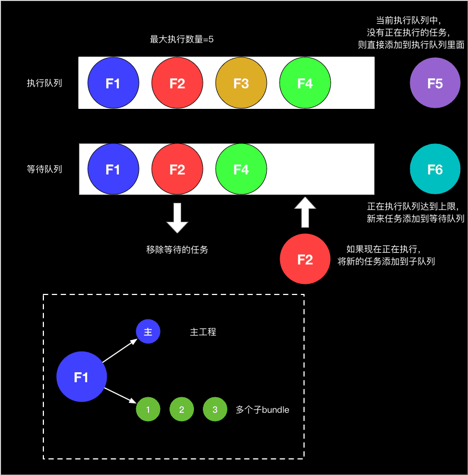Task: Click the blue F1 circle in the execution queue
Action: pos(113,83)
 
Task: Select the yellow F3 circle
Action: pos(241,83)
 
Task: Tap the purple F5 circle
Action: pos(435,83)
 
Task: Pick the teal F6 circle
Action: pos(435,169)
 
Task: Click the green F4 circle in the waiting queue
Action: pos(241,169)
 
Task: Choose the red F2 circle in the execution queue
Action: pos(177,83)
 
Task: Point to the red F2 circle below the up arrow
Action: pos(305,259)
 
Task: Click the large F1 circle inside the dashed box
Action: pos(81,377)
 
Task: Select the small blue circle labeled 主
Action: pos(148,332)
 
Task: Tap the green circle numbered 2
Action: pos(181,410)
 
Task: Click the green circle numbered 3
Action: pos(215,410)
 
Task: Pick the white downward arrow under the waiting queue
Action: pos(177,218)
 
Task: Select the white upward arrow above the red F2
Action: pos(305,212)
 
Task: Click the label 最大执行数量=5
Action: pos(182,39)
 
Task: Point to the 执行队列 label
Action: pos(44,83)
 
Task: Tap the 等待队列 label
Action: pos(44,169)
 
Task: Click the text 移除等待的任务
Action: pos(177,249)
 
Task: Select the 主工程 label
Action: pos(203,332)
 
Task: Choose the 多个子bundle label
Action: pos(262,410)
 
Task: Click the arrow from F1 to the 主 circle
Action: pos(120,351)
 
